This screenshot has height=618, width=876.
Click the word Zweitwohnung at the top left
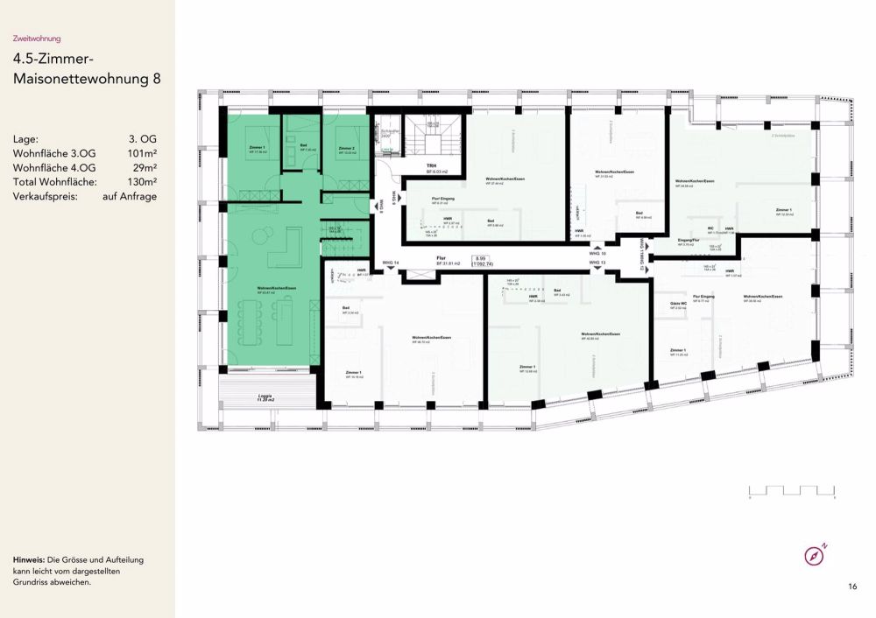point(37,39)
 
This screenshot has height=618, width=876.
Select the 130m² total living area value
point(143,182)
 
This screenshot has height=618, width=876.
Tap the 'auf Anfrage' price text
point(129,197)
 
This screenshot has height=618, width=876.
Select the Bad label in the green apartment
point(304,145)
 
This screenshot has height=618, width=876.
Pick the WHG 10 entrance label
point(597,254)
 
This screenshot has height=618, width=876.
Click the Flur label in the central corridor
point(442,258)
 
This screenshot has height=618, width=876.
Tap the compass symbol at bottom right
point(814,555)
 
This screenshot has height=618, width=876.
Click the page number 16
point(852,586)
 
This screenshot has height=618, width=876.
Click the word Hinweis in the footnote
point(30,559)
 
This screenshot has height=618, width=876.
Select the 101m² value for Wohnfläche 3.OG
point(143,153)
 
